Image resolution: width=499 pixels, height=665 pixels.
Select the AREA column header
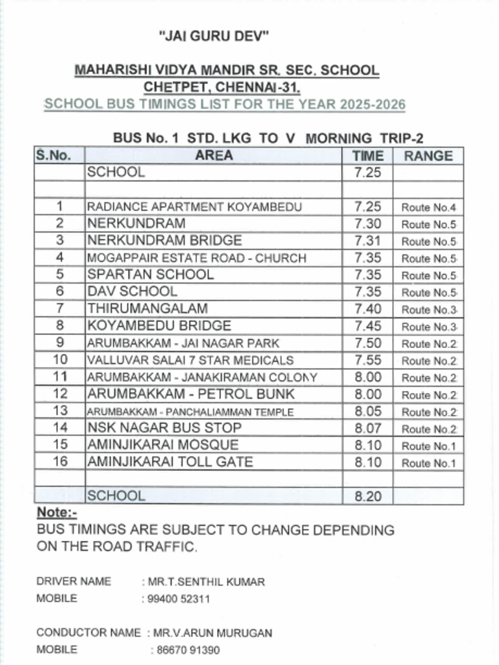click(213, 156)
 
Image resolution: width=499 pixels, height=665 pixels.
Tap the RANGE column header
click(428, 156)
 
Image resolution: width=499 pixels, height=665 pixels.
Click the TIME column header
click(368, 156)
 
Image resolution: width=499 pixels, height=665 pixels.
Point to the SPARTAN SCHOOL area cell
click(150, 275)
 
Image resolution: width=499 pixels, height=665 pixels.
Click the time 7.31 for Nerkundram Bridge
click(368, 241)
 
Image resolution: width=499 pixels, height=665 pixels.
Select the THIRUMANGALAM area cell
click(147, 309)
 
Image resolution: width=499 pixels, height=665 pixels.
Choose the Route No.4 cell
click(428, 207)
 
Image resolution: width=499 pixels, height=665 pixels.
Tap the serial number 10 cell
click(60, 360)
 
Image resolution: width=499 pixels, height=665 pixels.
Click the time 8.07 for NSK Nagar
click(368, 428)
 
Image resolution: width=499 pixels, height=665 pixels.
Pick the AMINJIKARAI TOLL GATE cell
click(170, 462)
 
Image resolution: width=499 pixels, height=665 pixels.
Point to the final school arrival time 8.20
click(368, 497)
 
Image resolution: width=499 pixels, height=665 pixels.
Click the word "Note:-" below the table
click(57, 513)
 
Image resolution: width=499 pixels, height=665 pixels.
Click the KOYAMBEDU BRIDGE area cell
click(159, 326)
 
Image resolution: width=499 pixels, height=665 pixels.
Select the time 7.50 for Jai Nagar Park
click(368, 343)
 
